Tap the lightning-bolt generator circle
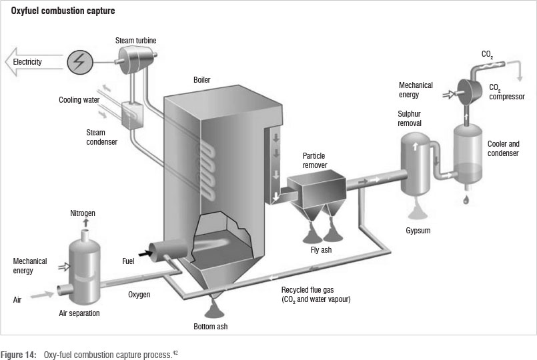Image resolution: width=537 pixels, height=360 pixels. (80, 62)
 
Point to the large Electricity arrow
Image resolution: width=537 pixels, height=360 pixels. (31, 62)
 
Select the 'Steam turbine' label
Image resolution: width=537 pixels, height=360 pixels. (136, 41)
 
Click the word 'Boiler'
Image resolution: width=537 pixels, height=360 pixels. (201, 80)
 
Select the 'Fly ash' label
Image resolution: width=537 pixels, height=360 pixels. (321, 250)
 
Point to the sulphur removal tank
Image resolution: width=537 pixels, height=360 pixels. (418, 163)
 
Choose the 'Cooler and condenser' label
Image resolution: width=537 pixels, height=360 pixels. (504, 147)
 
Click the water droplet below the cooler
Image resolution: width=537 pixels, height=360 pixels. (466, 199)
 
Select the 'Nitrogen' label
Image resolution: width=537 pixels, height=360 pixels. (83, 213)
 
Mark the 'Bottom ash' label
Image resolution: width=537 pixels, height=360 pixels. (212, 327)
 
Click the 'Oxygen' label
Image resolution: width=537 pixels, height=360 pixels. (139, 294)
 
